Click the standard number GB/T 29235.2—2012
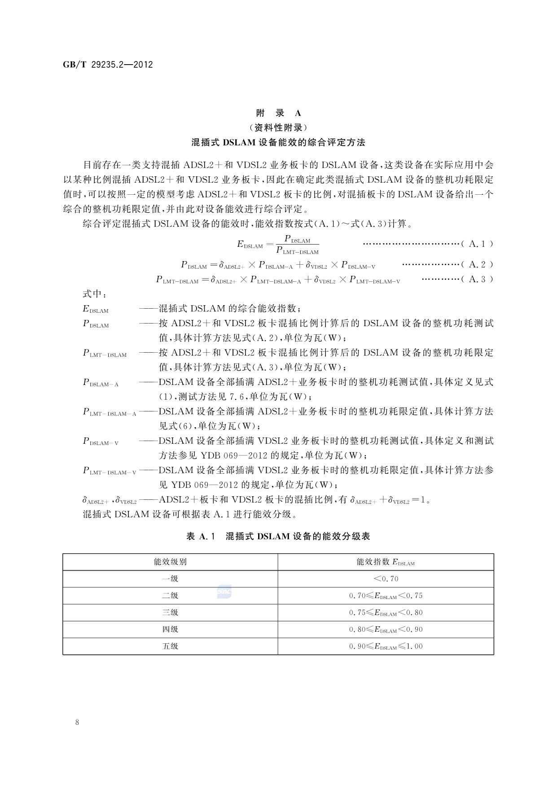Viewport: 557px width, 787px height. click(108, 65)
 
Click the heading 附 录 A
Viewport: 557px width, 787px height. click(278, 113)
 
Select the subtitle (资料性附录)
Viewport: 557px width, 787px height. click(278, 127)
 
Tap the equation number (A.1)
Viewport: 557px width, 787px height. click(477, 244)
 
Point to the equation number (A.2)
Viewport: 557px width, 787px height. click(477, 264)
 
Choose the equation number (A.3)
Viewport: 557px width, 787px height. click(477, 279)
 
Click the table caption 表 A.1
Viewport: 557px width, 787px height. click(201, 536)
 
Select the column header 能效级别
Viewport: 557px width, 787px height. click(170, 562)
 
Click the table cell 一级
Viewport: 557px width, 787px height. click(170, 579)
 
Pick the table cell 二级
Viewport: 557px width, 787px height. click(170, 596)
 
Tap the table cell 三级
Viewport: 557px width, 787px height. click(170, 612)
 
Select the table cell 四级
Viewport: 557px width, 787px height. click(170, 630)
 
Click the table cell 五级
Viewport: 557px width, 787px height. click(170, 647)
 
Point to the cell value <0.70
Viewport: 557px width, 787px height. click(386, 579)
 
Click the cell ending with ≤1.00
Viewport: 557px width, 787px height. click(386, 647)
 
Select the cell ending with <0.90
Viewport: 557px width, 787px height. click(386, 630)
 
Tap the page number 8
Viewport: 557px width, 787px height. click(78, 722)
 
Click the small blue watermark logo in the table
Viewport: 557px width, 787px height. click(224, 592)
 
